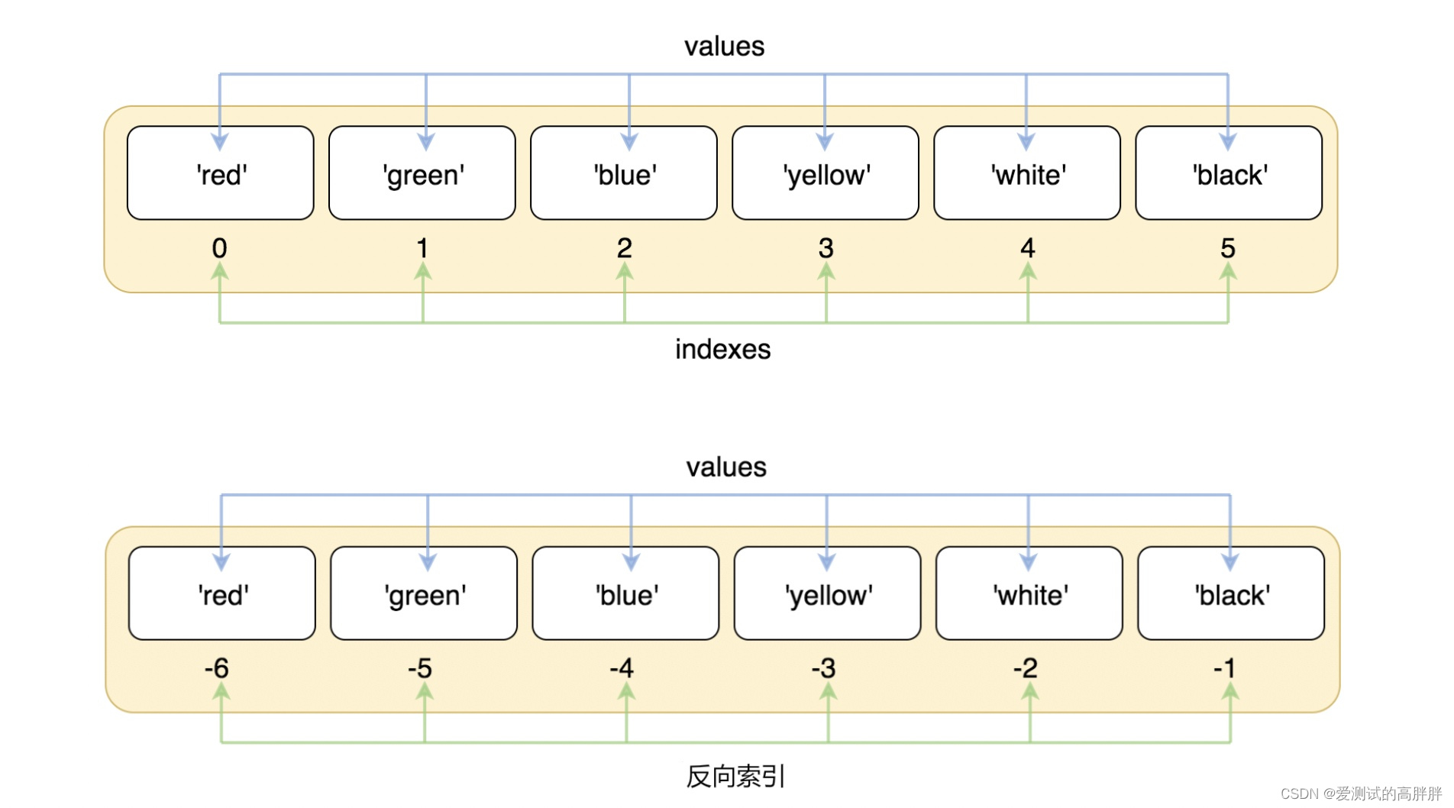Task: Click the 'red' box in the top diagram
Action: (x=221, y=174)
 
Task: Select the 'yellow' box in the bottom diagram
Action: (x=828, y=594)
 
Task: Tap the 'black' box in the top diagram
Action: (x=1229, y=174)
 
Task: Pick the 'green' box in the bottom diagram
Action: (x=424, y=594)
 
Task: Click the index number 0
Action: (x=219, y=247)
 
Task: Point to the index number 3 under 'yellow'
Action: (x=826, y=247)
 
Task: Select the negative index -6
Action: (x=217, y=668)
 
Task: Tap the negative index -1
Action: (x=1224, y=668)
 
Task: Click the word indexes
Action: (x=722, y=349)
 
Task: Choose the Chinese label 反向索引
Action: (x=735, y=776)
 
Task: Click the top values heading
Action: (x=724, y=47)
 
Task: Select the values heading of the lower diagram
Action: (x=726, y=467)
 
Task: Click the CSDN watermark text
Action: (x=1360, y=794)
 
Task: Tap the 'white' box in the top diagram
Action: (x=1027, y=174)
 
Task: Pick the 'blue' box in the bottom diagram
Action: (x=626, y=594)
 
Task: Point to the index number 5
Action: (x=1227, y=247)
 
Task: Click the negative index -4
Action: (x=622, y=668)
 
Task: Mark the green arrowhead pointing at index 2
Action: (x=625, y=271)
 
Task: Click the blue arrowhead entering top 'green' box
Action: (x=426, y=141)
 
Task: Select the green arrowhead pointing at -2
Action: (x=1029, y=691)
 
